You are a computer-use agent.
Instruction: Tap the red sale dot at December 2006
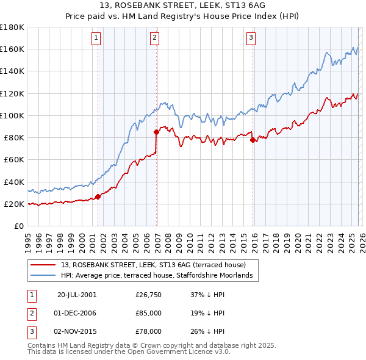tap(157, 131)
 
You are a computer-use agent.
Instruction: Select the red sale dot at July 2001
tap(98, 196)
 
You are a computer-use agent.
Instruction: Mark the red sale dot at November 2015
tap(253, 139)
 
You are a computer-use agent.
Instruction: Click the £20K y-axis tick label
tap(13, 204)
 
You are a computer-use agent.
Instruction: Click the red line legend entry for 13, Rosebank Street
tap(152, 265)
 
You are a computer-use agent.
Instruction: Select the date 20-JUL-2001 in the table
tap(77, 294)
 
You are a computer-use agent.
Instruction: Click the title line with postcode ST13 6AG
tap(182, 7)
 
